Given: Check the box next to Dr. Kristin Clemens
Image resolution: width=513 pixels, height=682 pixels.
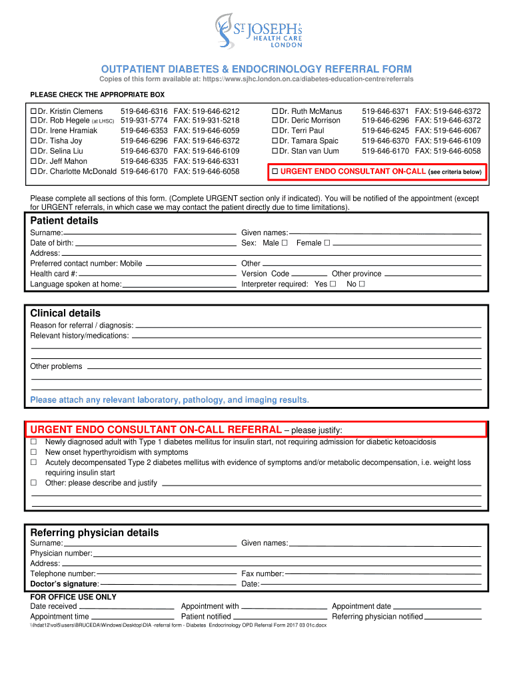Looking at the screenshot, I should (33, 111).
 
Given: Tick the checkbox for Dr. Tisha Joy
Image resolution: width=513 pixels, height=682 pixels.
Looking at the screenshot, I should (33, 141).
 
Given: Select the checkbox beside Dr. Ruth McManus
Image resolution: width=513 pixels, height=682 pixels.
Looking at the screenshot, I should (274, 111).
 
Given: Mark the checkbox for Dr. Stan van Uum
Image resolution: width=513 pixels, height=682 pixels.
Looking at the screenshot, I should (274, 151).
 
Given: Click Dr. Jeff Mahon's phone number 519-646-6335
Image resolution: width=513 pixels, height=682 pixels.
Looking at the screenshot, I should (144, 161).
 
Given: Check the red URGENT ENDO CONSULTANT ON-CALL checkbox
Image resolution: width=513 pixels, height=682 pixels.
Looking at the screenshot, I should (274, 172).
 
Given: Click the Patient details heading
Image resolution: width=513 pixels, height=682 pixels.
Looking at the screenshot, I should (64, 220).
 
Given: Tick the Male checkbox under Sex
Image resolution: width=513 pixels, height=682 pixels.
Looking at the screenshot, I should (284, 243).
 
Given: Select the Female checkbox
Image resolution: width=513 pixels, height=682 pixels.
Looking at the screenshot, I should (326, 243).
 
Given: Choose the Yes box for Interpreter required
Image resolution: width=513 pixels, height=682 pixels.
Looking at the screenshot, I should (333, 284).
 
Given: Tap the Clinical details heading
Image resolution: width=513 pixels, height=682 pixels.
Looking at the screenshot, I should (65, 313).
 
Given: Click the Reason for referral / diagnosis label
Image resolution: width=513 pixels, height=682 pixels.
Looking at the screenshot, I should (81, 326).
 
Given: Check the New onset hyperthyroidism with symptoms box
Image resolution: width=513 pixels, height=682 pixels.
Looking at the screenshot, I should (33, 452).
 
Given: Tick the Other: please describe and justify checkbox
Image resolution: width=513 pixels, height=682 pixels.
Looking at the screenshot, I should (33, 483).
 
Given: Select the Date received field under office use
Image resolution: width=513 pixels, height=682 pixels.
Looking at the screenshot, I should (126, 607).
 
